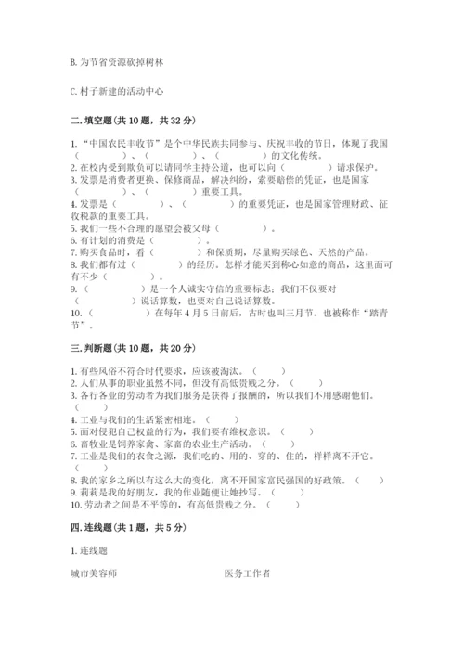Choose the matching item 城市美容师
pos(94,573)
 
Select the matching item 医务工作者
pos(248,573)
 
